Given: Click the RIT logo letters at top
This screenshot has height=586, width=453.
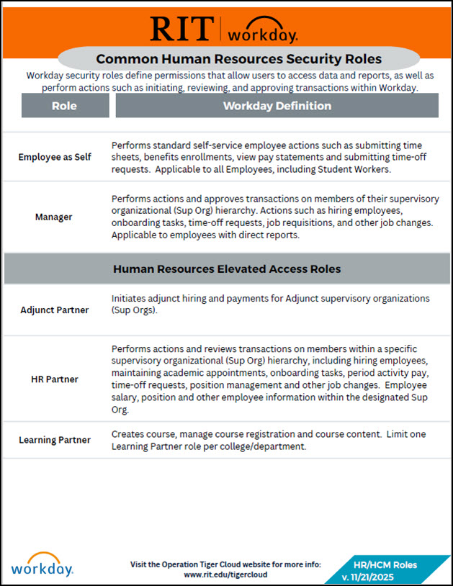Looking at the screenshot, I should [180, 28].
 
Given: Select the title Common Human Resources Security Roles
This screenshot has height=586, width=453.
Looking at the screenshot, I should [238, 58].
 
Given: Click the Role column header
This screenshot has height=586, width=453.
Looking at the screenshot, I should [65, 106].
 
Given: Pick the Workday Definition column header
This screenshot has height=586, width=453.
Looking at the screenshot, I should [277, 106].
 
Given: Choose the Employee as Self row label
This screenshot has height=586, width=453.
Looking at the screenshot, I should [55, 157].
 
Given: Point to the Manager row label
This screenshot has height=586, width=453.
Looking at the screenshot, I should [55, 216].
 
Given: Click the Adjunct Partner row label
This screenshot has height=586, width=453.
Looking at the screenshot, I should [55, 310].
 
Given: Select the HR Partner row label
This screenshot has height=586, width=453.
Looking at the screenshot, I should [55, 379].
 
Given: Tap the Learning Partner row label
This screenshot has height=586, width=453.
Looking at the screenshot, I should [55, 440].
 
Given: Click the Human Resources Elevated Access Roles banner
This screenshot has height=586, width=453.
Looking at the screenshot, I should [226, 269].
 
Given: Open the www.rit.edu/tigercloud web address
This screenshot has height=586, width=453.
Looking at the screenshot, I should [226, 575].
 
